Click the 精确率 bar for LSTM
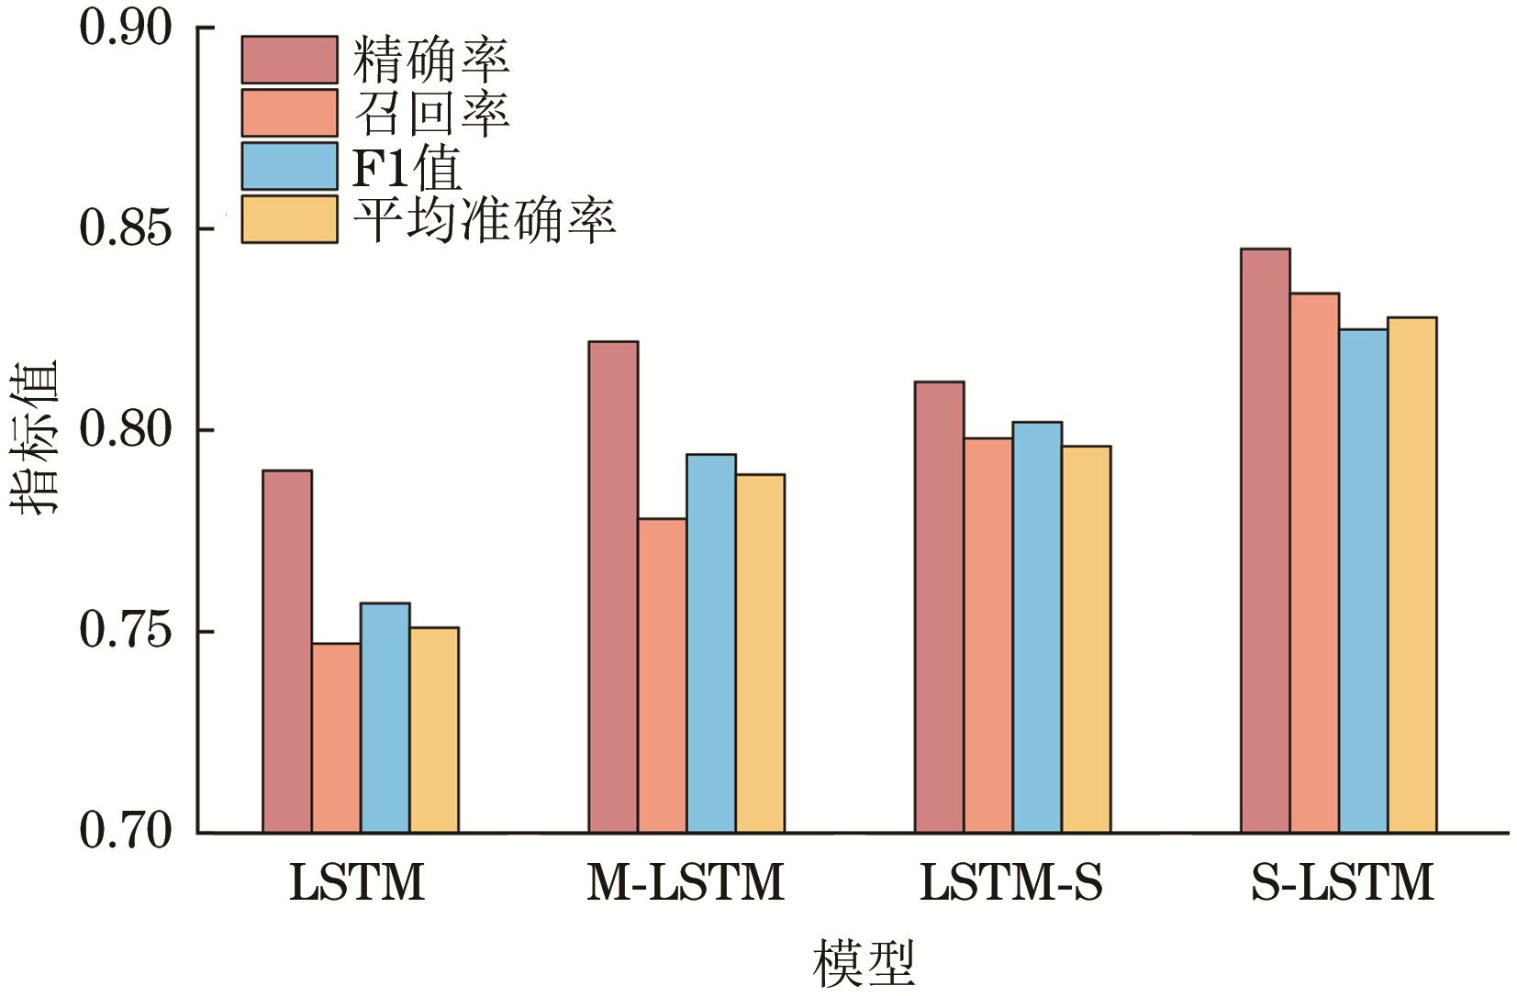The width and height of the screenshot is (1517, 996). [x=287, y=651]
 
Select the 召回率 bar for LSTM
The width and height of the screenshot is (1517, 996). [x=336, y=737]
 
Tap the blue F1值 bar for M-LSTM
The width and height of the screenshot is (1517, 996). [x=711, y=643]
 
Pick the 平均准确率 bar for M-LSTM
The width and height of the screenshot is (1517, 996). [x=760, y=653]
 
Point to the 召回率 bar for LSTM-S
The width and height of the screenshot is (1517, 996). [x=988, y=635]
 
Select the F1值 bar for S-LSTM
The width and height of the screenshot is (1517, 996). [x=1363, y=581]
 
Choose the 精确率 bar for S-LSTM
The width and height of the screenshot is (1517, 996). [x=1265, y=540]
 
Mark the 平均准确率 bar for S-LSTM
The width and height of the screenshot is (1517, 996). [x=1411, y=575]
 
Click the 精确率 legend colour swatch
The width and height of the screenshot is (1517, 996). [x=289, y=60]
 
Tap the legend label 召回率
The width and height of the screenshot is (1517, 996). [x=430, y=113]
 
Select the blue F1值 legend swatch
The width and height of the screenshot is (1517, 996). [x=289, y=166]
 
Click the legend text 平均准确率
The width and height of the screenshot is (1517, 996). [x=484, y=220]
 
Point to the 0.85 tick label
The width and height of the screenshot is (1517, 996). [x=126, y=228]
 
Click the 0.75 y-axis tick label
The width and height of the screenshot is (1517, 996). [x=126, y=631]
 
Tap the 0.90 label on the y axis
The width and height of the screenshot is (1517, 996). [x=126, y=28]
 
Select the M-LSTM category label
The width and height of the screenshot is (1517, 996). [x=686, y=883]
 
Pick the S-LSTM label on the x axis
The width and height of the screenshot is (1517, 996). [x=1342, y=883]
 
